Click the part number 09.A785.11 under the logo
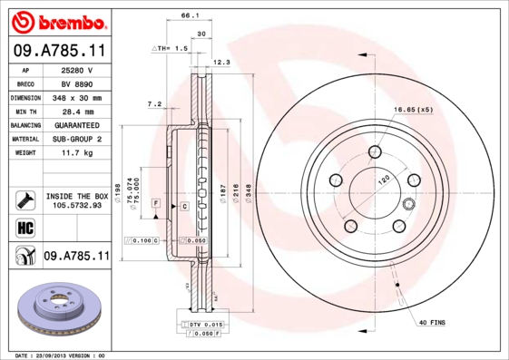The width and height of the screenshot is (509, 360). pyautogui.click(x=58, y=51)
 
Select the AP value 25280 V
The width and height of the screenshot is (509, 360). pyautogui.click(x=77, y=70)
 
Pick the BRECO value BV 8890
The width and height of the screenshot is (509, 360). pyautogui.click(x=77, y=83)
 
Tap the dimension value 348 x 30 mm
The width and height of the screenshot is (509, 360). pyautogui.click(x=77, y=97)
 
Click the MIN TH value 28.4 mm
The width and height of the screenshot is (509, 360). pyautogui.click(x=77, y=111)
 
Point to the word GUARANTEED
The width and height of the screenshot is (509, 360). pyautogui.click(x=77, y=125)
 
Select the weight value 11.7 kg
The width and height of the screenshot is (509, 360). pyautogui.click(x=77, y=153)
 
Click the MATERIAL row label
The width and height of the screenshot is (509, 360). pyautogui.click(x=24, y=139)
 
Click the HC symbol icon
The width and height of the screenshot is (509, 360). pyautogui.click(x=24, y=227)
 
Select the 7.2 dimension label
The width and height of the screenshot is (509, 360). pyautogui.click(x=155, y=103)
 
